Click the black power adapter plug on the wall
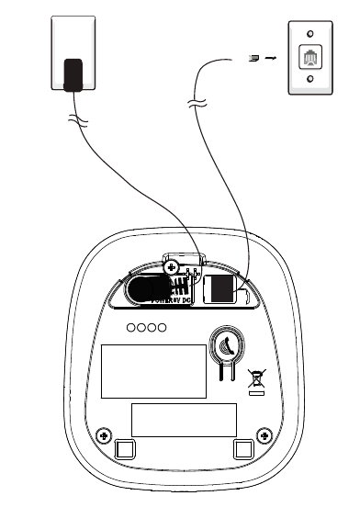point(73,74)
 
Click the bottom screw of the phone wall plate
point(309,79)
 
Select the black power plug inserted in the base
point(144,288)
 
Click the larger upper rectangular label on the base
point(152,370)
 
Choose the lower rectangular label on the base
point(184,419)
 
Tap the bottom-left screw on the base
point(104,434)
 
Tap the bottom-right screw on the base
point(264,434)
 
